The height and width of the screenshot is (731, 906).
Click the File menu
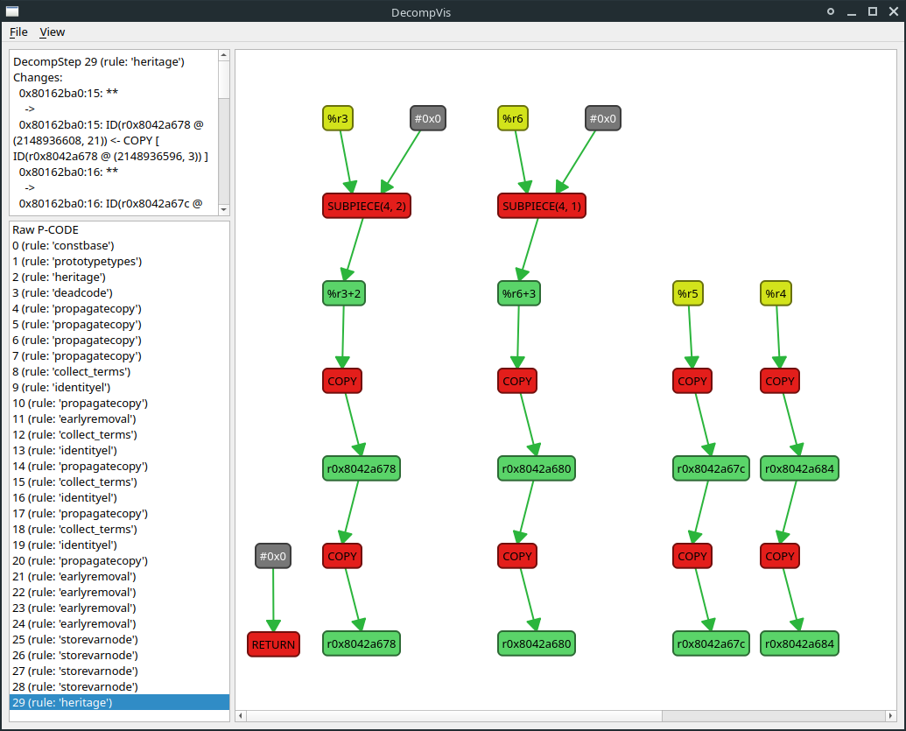point(18,32)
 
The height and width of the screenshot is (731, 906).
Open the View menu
point(53,32)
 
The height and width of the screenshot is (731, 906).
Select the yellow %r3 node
point(338,118)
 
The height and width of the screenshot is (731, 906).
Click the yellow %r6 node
point(513,118)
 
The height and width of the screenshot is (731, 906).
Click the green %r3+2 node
point(343,293)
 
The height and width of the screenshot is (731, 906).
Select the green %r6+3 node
point(518,293)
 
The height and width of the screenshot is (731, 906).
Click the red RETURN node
point(273,644)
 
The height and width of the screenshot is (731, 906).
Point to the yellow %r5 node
point(688,293)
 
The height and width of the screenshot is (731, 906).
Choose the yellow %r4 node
point(776,293)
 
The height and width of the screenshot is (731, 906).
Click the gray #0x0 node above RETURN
point(273,556)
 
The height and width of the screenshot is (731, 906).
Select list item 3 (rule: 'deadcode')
point(62,292)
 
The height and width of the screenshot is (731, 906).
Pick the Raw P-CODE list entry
point(46,229)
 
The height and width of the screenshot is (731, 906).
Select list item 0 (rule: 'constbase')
point(63,245)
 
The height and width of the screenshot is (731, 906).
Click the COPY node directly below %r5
point(692,381)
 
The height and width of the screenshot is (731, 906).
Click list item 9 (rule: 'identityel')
point(61,387)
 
